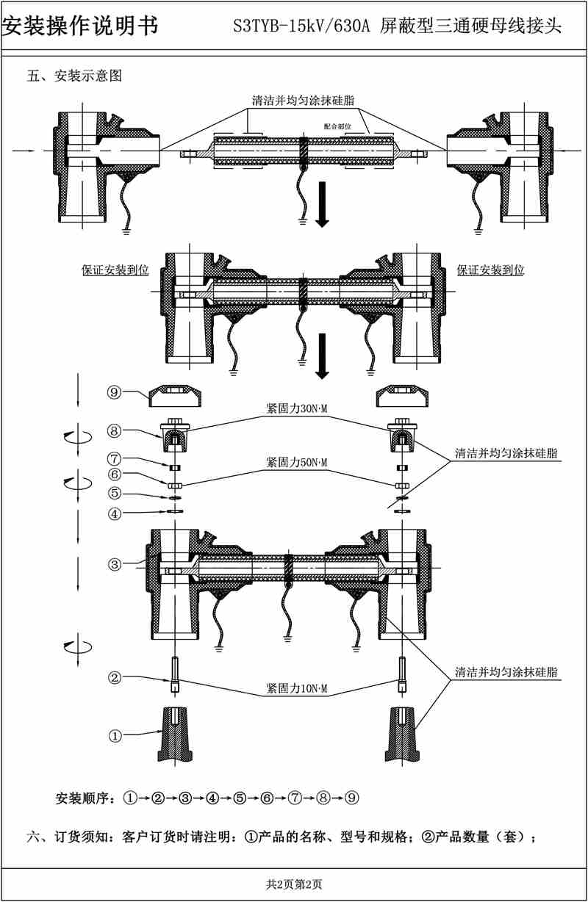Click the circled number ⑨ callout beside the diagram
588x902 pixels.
click(x=114, y=392)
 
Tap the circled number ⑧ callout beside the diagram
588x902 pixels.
click(x=114, y=430)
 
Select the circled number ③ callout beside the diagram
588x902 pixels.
click(x=114, y=564)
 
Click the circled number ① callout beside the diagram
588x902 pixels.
click(x=114, y=734)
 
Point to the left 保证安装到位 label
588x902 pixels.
click(x=115, y=270)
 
